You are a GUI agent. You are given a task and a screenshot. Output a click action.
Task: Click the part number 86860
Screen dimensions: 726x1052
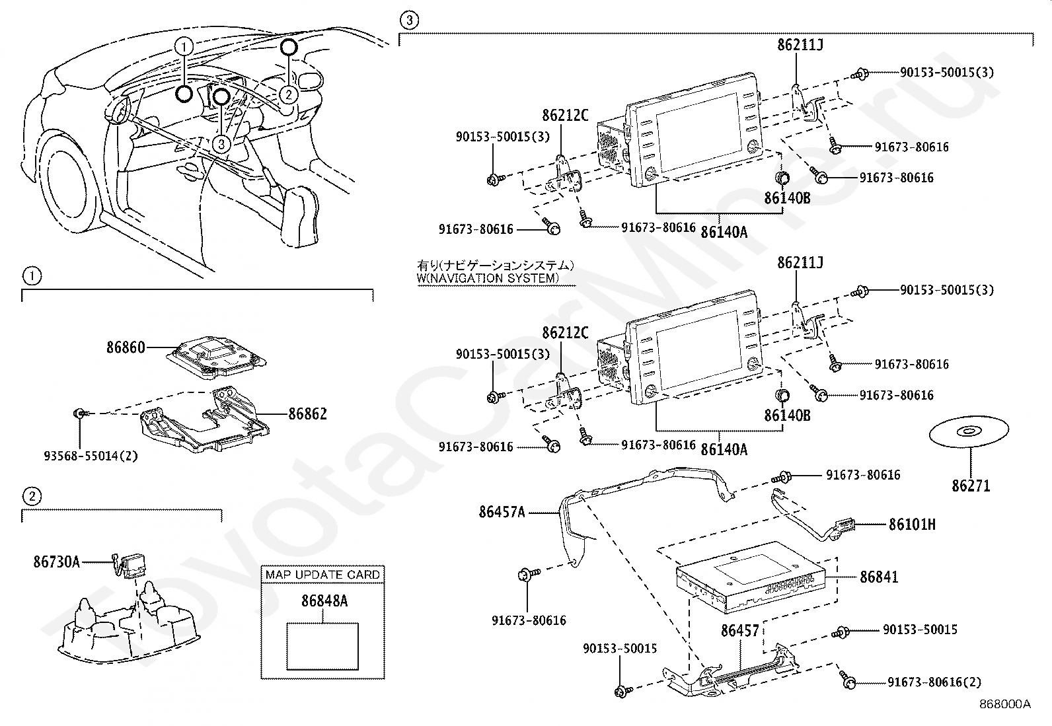pyautogui.click(x=126, y=347)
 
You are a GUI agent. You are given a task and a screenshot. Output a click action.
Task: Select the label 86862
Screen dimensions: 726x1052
pyautogui.click(x=307, y=414)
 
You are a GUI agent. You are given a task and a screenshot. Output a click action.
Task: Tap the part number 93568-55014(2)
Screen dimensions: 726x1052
pyautogui.click(x=91, y=455)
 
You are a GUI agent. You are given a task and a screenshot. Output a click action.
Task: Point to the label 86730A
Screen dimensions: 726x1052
pyautogui.click(x=56, y=562)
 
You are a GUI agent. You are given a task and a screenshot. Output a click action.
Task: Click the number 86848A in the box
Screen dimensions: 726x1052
pyautogui.click(x=324, y=601)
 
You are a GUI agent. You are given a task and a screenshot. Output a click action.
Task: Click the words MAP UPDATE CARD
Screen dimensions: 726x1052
pyautogui.click(x=322, y=575)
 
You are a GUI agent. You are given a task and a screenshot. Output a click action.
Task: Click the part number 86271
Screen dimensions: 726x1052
pyautogui.click(x=971, y=486)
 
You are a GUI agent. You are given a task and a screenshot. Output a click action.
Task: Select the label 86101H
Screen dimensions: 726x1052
pyautogui.click(x=912, y=525)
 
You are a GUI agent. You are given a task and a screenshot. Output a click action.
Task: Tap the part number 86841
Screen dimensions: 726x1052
pyautogui.click(x=879, y=577)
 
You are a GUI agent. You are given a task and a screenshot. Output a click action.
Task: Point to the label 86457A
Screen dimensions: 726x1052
pyautogui.click(x=502, y=511)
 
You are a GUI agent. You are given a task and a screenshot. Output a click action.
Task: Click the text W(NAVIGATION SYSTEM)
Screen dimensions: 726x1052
pyautogui.click(x=487, y=278)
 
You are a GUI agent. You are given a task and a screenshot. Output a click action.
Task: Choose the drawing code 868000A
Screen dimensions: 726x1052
pyautogui.click(x=1004, y=704)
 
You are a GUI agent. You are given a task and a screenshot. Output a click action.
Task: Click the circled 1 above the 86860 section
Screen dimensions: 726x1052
pyautogui.click(x=32, y=275)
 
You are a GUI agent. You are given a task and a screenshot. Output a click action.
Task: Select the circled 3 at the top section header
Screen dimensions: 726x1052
pyautogui.click(x=409, y=20)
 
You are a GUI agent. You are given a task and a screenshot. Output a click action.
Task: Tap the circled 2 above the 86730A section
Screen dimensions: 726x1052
pyautogui.click(x=32, y=495)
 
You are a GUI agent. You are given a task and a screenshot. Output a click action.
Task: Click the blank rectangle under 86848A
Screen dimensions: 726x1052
pyautogui.click(x=322, y=645)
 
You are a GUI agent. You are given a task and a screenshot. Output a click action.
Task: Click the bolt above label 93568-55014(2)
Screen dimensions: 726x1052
pyautogui.click(x=79, y=414)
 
